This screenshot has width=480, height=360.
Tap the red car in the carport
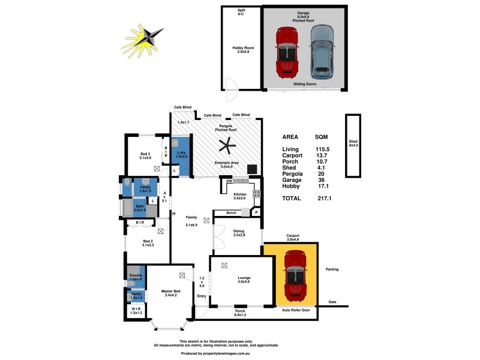coord(294,275)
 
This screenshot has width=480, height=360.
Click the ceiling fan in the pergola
coord(226,145)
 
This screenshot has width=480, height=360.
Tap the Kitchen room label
coord(239,196)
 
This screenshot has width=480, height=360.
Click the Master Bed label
coord(170,293)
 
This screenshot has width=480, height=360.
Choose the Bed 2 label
coord(148,242)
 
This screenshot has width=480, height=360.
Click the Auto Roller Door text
coord(296,310)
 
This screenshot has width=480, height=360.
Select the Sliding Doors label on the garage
coord(305,85)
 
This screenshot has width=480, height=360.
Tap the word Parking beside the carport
coord(332,269)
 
